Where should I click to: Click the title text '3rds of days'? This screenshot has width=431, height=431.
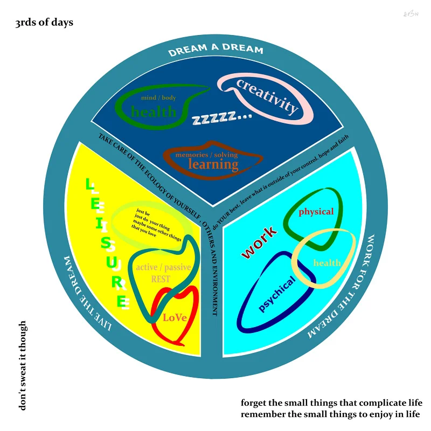[44, 23]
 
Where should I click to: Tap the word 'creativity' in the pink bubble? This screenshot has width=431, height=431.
[267, 96]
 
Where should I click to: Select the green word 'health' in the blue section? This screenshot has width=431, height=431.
[154, 112]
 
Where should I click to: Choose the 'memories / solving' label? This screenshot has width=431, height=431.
[206, 155]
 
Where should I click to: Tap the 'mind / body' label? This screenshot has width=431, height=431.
[158, 98]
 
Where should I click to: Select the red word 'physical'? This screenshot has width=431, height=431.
[316, 212]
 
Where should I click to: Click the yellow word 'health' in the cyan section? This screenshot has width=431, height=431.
[327, 263]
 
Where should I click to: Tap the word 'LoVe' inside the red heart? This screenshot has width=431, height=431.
[175, 317]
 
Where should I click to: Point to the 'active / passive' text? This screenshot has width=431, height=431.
[163, 267]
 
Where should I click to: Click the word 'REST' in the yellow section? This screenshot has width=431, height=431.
[161, 279]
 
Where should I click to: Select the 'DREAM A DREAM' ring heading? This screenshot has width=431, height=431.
[215, 50]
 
